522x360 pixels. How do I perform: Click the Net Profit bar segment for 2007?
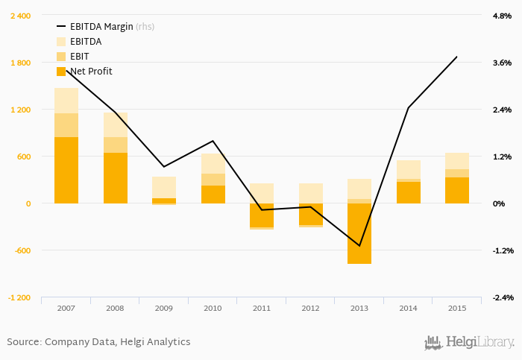point(66,170)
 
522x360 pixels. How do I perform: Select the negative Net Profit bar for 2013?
point(359,233)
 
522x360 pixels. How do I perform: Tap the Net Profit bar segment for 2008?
point(116,177)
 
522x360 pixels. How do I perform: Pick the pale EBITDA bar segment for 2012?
point(311,193)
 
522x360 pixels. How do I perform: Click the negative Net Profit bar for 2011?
point(262,215)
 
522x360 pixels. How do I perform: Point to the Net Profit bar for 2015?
point(457,190)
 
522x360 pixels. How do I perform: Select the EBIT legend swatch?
point(61,56)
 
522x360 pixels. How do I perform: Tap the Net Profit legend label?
point(91,71)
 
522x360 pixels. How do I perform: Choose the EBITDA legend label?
point(86,41)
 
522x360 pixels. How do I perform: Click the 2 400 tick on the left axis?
point(20,16)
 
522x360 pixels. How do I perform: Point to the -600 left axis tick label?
point(22,250)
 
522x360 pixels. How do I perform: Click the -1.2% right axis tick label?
point(501,250)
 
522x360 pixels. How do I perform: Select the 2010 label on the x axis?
point(213,307)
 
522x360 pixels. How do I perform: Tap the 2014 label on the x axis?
point(408,307)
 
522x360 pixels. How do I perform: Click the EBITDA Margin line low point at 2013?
point(359,246)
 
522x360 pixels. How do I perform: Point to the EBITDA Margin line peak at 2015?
point(457,57)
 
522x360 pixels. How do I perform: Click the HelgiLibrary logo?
point(469,342)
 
